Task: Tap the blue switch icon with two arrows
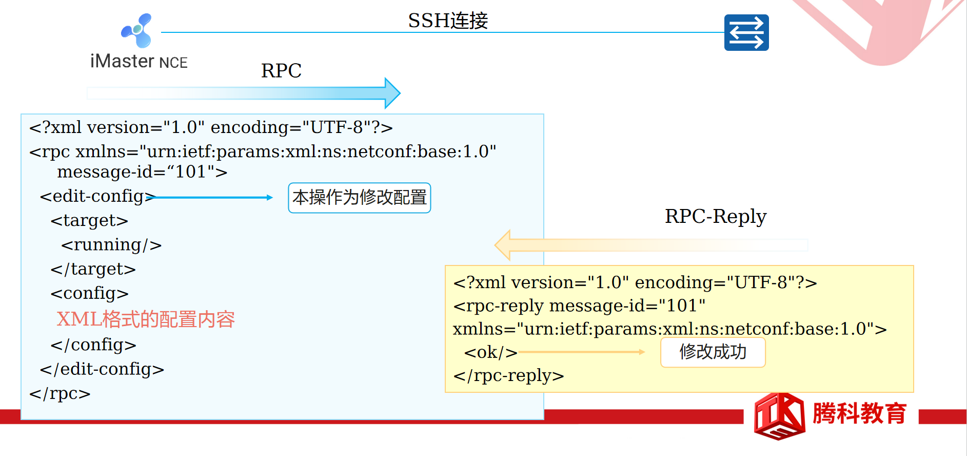coord(746,32)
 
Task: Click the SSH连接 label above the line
coord(448,21)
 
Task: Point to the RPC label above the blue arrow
coord(281,70)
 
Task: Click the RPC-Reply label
coord(715,216)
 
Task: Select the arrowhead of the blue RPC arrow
coord(392,93)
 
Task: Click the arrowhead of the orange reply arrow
coord(503,245)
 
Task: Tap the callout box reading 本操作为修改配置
coord(359,198)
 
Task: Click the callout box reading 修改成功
coord(713,352)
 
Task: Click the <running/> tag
coord(111,245)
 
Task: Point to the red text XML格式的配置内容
coord(146,319)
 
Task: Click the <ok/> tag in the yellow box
coord(490,352)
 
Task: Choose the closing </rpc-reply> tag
coord(508,375)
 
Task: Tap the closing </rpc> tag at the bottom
coord(60,393)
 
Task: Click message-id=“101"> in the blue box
coord(142,172)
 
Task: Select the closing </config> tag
coord(93,345)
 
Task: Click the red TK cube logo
coord(779,416)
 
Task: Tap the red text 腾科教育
coord(859,413)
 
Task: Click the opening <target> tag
coord(89,220)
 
